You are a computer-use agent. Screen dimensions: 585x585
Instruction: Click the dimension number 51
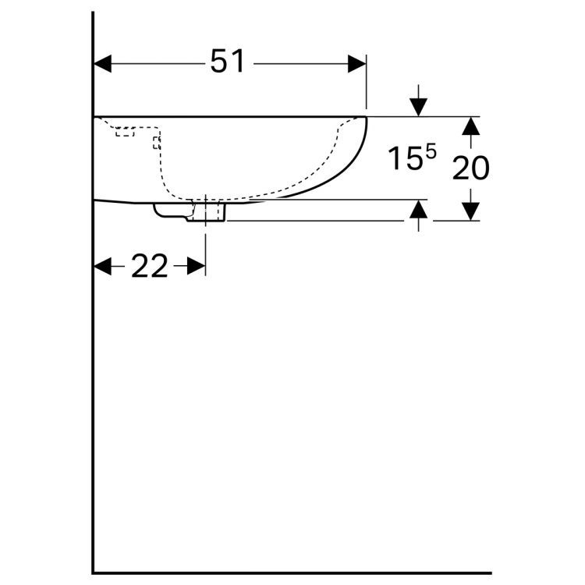(227, 62)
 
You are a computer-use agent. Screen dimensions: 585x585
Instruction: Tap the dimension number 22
(149, 267)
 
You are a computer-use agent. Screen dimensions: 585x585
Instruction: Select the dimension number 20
(470, 168)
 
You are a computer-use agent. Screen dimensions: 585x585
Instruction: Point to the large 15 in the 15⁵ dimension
(406, 159)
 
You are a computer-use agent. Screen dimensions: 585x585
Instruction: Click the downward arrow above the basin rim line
(419, 107)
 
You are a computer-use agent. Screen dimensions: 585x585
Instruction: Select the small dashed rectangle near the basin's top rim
(125, 132)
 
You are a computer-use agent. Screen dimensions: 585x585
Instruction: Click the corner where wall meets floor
(94, 573)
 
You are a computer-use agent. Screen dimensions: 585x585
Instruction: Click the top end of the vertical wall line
(94, 13)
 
